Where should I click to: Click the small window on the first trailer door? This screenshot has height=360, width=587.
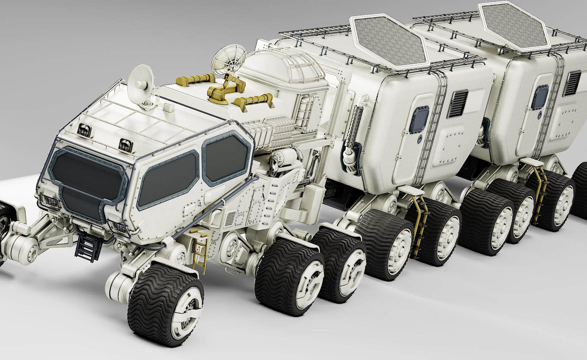(420, 118)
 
